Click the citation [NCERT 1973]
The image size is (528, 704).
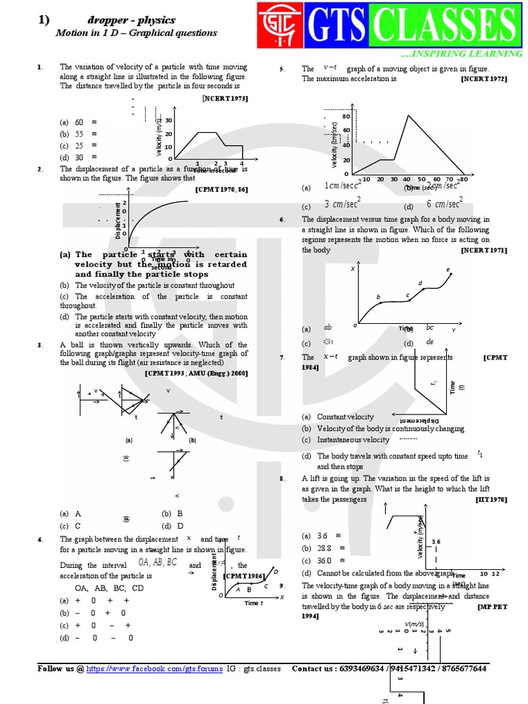(225, 99)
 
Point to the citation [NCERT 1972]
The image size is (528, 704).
(484, 79)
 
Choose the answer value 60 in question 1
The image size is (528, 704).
(79, 122)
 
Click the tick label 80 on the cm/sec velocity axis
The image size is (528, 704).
(346, 116)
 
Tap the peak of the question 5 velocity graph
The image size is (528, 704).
(409, 115)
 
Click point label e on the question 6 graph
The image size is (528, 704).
(448, 269)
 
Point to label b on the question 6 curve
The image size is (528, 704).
(378, 296)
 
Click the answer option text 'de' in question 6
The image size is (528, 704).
(430, 342)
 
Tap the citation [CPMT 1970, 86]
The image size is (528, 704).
(221, 188)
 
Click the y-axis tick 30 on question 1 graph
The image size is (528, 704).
(168, 121)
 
